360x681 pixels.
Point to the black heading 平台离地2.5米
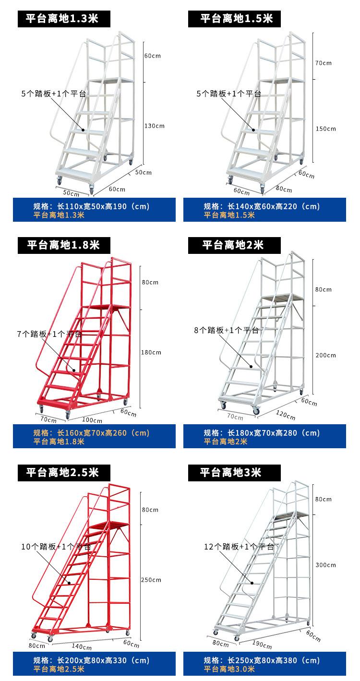point(62,472)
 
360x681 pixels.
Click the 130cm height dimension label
point(154,126)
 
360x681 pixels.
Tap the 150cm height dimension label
point(325,129)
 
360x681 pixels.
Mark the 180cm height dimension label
point(151,352)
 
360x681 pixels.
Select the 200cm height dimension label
point(325,355)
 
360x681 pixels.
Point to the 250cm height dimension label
point(151,580)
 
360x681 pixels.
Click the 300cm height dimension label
point(325,565)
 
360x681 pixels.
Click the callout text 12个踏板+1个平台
point(239,547)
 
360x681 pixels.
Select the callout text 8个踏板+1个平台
point(226,330)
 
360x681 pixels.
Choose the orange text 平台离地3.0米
point(229,669)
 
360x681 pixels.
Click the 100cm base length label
point(92,420)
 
